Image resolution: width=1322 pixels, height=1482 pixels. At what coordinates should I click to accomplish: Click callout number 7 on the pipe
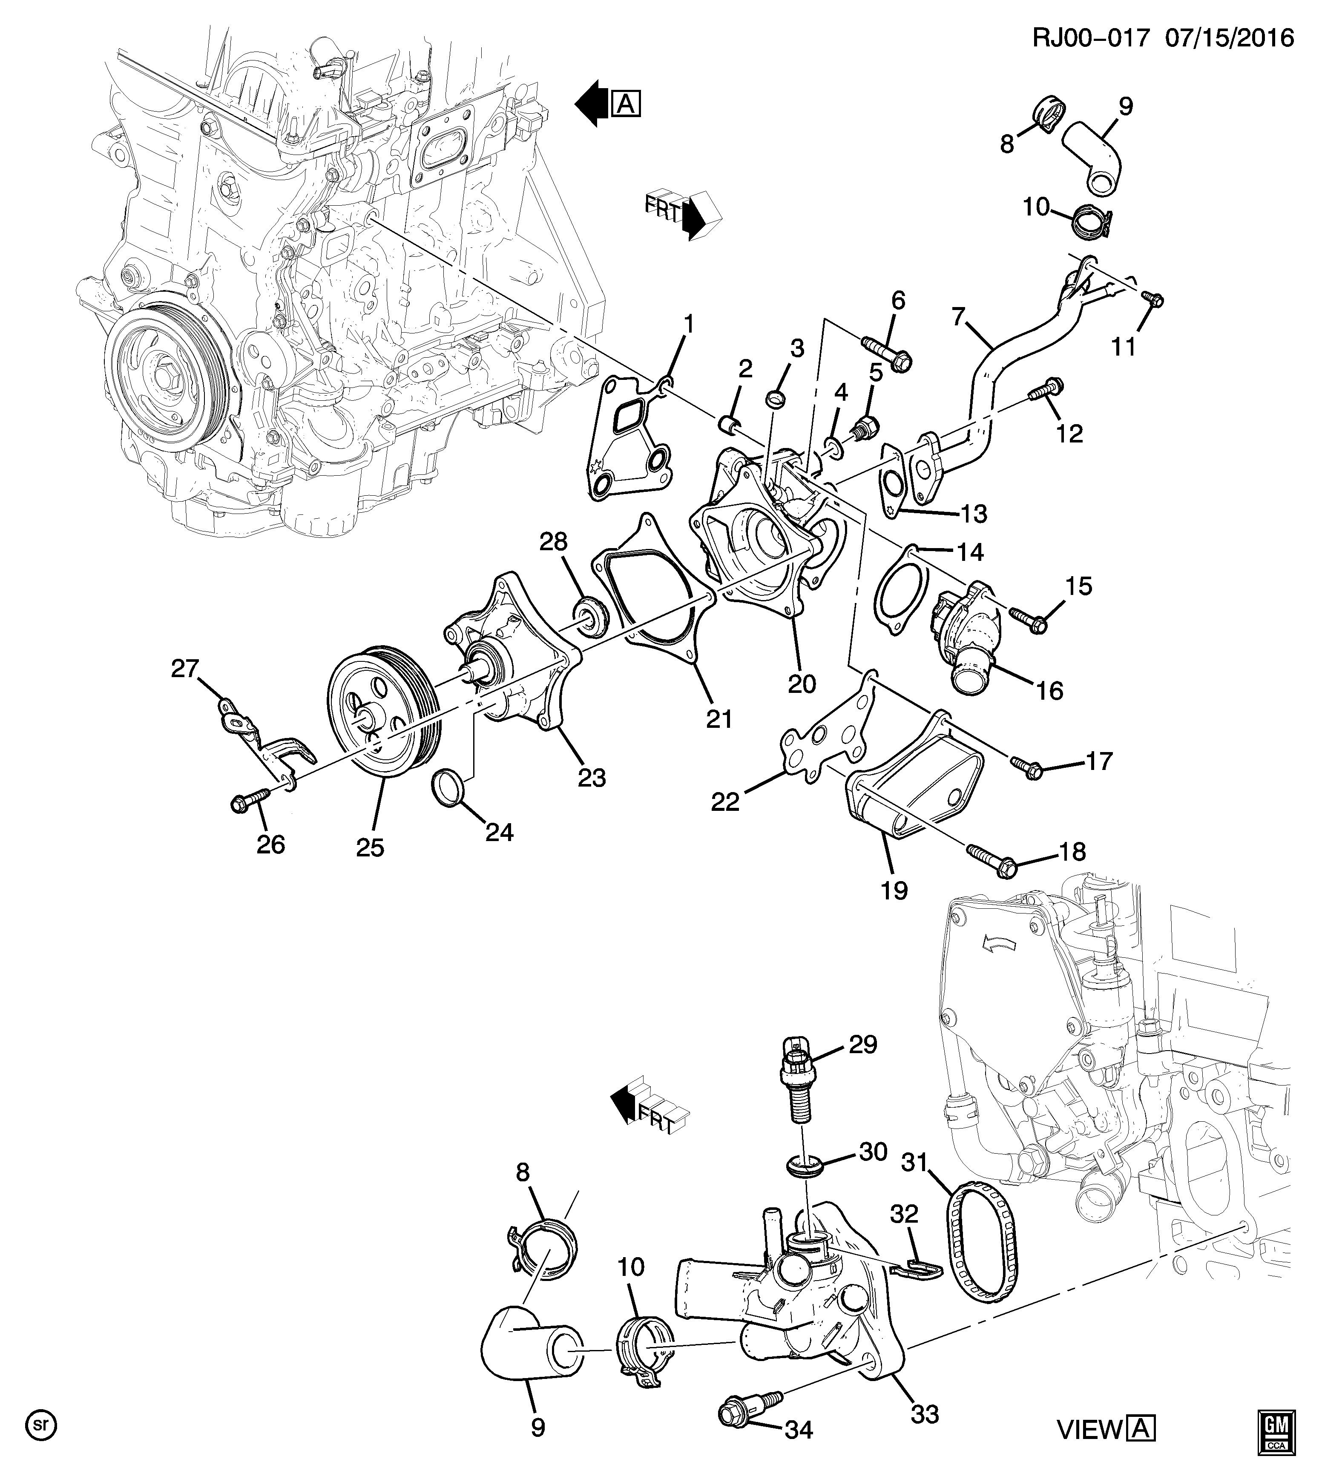tap(958, 317)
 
